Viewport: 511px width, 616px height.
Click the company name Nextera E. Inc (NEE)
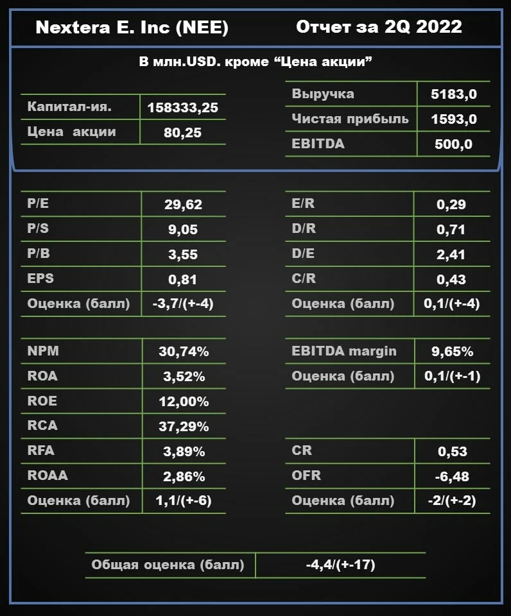pyautogui.click(x=132, y=28)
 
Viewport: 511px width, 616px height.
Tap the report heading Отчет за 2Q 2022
pyautogui.click(x=379, y=27)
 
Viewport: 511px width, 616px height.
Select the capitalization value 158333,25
pyautogui.click(x=183, y=108)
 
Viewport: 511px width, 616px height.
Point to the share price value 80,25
pyautogui.click(x=182, y=133)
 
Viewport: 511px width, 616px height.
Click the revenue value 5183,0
pyautogui.click(x=454, y=94)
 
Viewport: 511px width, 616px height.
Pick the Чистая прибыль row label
pyautogui.click(x=351, y=119)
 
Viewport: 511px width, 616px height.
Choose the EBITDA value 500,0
pyautogui.click(x=453, y=144)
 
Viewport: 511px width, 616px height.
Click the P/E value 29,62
pyautogui.click(x=183, y=204)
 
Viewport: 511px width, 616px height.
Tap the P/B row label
pyautogui.click(x=39, y=253)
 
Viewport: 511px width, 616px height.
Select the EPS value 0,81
pyautogui.click(x=182, y=279)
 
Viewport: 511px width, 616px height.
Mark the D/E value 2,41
pyautogui.click(x=451, y=255)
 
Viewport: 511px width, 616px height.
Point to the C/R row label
pyautogui.click(x=304, y=278)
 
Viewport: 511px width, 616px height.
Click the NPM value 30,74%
pyautogui.click(x=184, y=351)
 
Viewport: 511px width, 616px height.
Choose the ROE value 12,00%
pyautogui.click(x=184, y=402)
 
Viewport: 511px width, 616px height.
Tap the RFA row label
pyautogui.click(x=41, y=450)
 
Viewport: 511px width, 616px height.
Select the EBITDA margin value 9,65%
pyautogui.click(x=453, y=351)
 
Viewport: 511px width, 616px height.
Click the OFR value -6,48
pyautogui.click(x=452, y=477)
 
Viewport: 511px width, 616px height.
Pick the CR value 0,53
pyautogui.click(x=453, y=451)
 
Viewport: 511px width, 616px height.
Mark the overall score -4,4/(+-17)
pyautogui.click(x=341, y=565)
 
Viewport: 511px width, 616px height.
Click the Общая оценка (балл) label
pyautogui.click(x=168, y=565)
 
